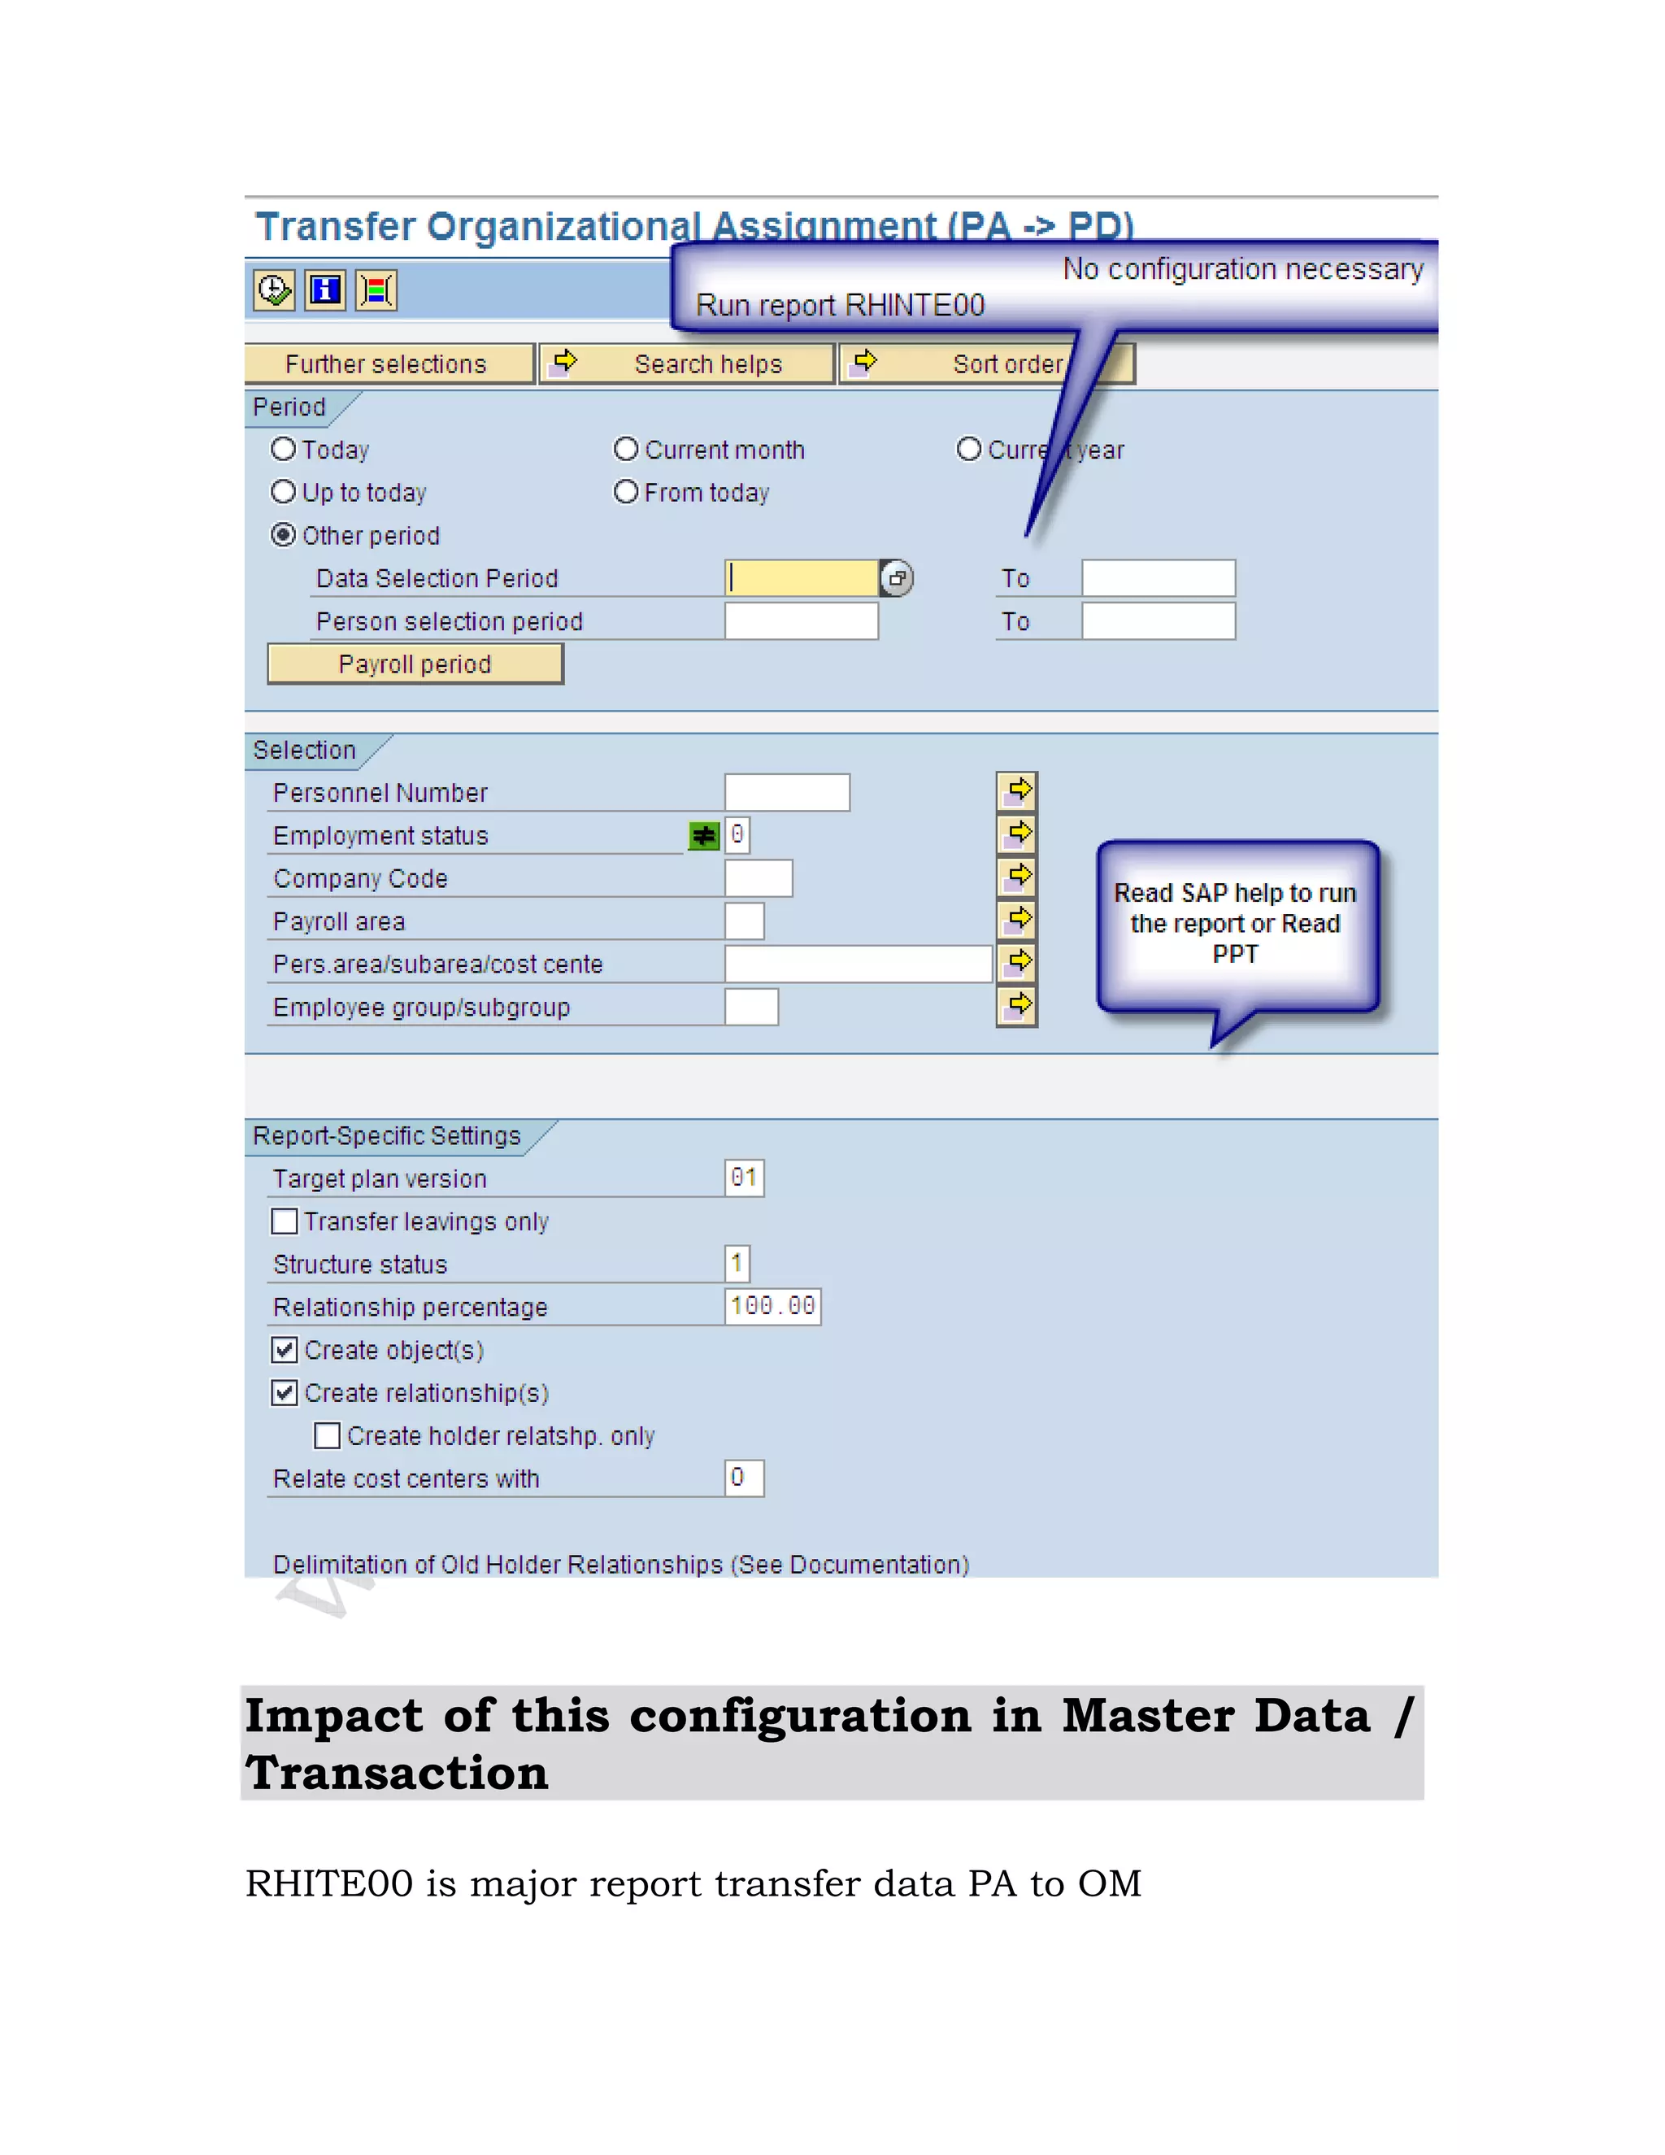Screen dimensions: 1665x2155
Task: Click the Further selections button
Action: pyautogui.click(x=388, y=364)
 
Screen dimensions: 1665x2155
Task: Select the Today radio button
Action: pyautogui.click(x=284, y=450)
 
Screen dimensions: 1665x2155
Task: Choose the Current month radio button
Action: pyautogui.click(x=626, y=450)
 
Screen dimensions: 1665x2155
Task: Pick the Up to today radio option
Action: pyautogui.click(x=284, y=492)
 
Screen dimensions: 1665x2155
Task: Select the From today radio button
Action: pyautogui.click(x=626, y=492)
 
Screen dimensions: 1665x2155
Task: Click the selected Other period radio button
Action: pyautogui.click(x=284, y=535)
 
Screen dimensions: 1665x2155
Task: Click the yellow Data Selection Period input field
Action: pyautogui.click(x=801, y=578)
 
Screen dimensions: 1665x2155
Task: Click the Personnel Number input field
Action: pyautogui.click(x=786, y=792)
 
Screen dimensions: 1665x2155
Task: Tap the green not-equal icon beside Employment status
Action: pyautogui.click(x=703, y=837)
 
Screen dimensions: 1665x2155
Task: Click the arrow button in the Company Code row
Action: pyautogui.click(x=1017, y=876)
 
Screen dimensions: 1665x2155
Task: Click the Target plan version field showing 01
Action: pyautogui.click(x=745, y=1178)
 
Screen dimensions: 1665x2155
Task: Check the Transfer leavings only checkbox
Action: pyautogui.click(x=284, y=1221)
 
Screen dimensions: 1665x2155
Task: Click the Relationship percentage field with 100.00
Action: pyautogui.click(x=772, y=1307)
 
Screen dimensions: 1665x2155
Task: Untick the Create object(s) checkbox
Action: pyautogui.click(x=284, y=1350)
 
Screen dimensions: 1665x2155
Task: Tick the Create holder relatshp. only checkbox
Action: pyautogui.click(x=328, y=1435)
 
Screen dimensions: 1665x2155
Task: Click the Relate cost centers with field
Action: pyautogui.click(x=745, y=1478)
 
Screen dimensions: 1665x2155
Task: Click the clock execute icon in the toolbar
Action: pyautogui.click(x=273, y=290)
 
